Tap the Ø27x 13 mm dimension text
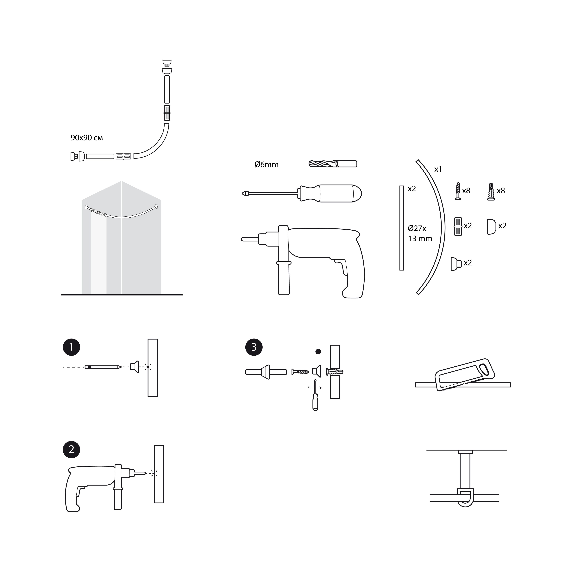[420, 233]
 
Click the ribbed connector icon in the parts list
[458, 227]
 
